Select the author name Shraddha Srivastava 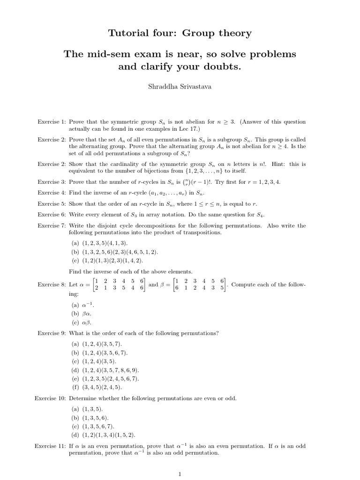(180, 87)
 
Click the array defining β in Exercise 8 (199, 285)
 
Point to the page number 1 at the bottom (180, 474)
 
